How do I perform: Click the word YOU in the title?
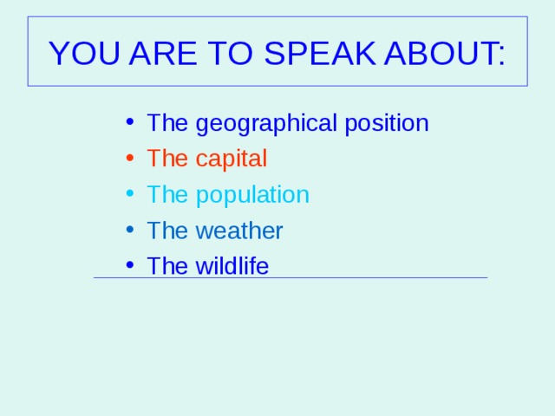click(x=84, y=53)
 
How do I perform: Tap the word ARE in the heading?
click(x=163, y=53)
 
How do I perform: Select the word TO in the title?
click(x=230, y=53)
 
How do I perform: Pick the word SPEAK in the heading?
click(x=320, y=53)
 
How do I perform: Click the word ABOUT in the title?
click(x=440, y=53)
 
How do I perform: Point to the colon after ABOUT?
click(x=501, y=56)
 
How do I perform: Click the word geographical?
click(x=266, y=124)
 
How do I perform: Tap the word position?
click(x=387, y=124)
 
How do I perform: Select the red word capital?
click(x=232, y=159)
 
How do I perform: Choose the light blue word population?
click(x=252, y=195)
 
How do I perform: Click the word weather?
click(x=239, y=231)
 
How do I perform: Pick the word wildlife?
click(x=232, y=266)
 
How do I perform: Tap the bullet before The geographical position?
click(x=130, y=121)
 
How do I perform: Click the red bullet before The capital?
click(x=130, y=158)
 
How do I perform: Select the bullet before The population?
click(x=130, y=193)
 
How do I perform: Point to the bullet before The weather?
click(x=130, y=229)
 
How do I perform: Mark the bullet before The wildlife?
click(x=130, y=264)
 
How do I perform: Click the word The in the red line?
click(x=167, y=158)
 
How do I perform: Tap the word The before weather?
click(x=167, y=231)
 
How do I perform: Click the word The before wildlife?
click(x=167, y=266)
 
